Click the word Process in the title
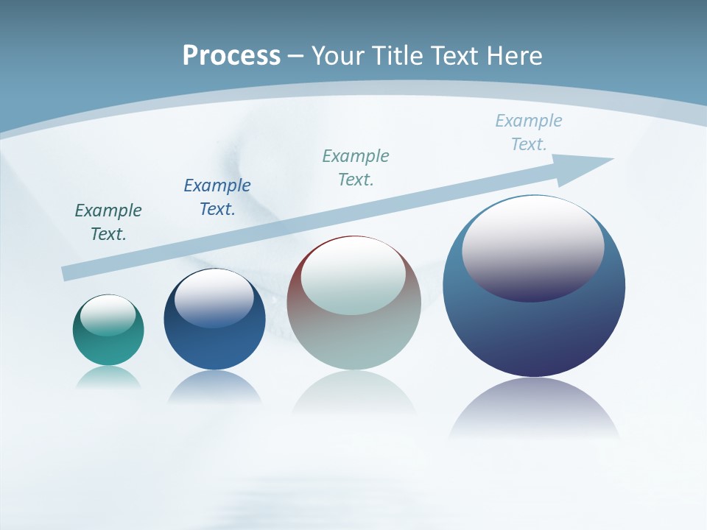(231, 56)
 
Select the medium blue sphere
(214, 346)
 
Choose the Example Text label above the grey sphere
(356, 168)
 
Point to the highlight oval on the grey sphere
(353, 276)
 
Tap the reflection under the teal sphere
(108, 377)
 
